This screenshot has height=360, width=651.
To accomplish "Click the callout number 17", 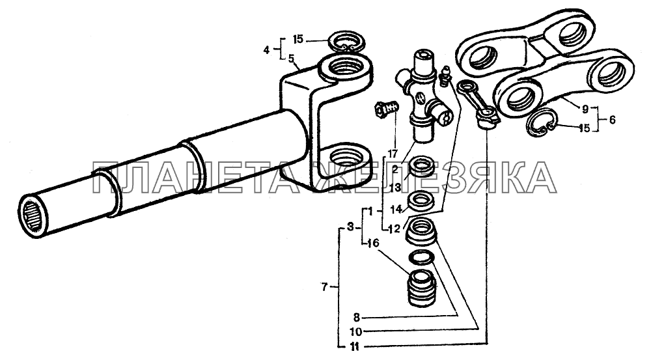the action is tap(393, 154).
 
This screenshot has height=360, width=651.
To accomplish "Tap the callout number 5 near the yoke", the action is tap(292, 58).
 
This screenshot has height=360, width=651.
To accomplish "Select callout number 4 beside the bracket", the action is tap(266, 50).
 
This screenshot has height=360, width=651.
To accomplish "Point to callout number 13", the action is tap(395, 187).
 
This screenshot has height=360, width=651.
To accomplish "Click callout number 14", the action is tap(396, 209).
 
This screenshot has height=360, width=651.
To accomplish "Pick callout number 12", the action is tap(394, 228).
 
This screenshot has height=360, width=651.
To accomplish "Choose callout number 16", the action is tap(373, 243).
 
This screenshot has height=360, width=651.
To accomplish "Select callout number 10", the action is tap(356, 332).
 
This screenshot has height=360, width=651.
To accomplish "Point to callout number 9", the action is tap(585, 109).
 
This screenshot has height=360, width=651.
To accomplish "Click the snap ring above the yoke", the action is tap(346, 42).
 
